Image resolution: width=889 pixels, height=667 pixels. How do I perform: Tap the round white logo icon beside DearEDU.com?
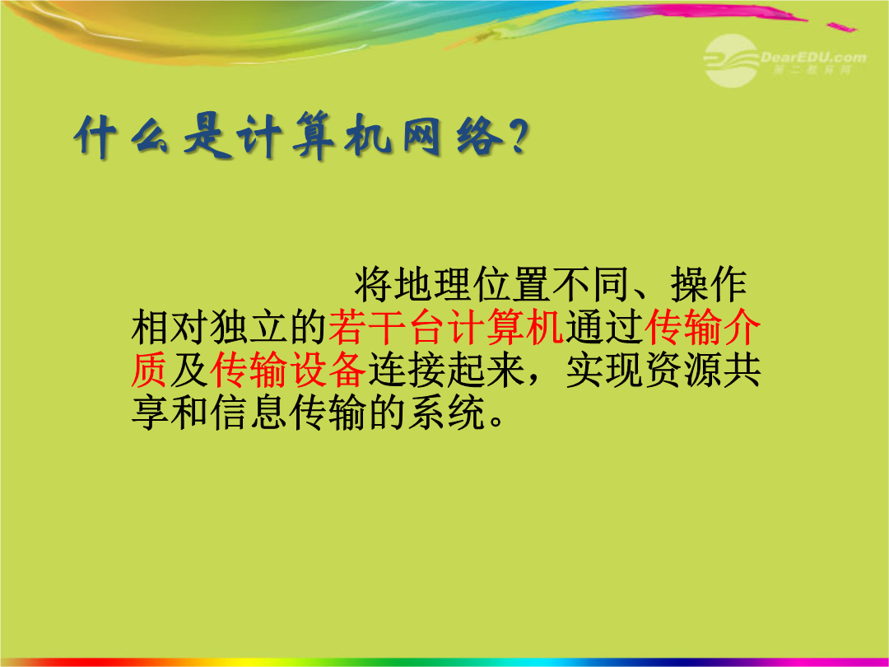(732, 60)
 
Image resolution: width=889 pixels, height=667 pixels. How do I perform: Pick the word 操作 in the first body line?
(709, 284)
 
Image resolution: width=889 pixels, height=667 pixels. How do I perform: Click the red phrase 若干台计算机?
(446, 327)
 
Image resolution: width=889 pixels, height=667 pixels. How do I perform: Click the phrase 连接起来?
(445, 371)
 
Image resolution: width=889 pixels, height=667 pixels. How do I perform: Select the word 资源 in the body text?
(682, 371)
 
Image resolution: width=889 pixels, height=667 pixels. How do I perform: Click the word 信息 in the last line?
(249, 413)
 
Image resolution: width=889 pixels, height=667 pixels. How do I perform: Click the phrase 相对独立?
(209, 327)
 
